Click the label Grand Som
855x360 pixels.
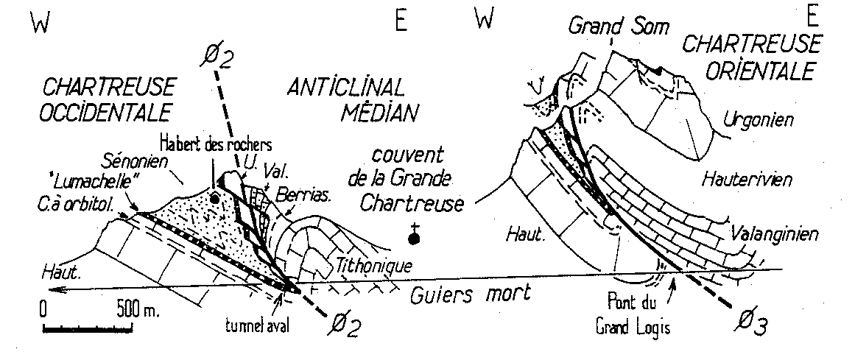(619, 27)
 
